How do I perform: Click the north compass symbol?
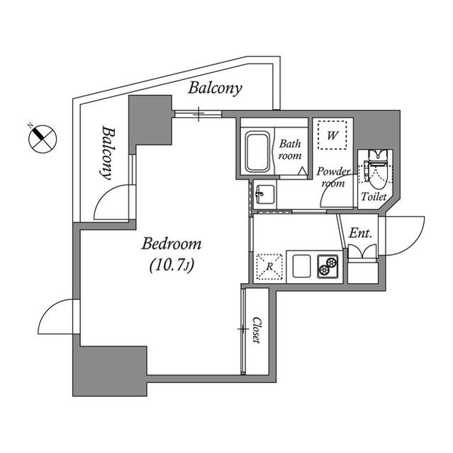43,139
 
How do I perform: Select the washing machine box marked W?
332,135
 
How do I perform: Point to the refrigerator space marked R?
269,267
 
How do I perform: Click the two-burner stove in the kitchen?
328,266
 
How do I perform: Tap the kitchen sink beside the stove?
301,266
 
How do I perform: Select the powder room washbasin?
265,194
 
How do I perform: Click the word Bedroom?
172,243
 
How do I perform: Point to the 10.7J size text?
172,265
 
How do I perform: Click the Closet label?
257,330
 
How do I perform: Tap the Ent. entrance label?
360,233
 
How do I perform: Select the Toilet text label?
374,197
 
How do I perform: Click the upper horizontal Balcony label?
215,88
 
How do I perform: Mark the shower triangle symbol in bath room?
302,171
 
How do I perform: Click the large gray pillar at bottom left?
110,371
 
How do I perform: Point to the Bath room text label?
289,149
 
